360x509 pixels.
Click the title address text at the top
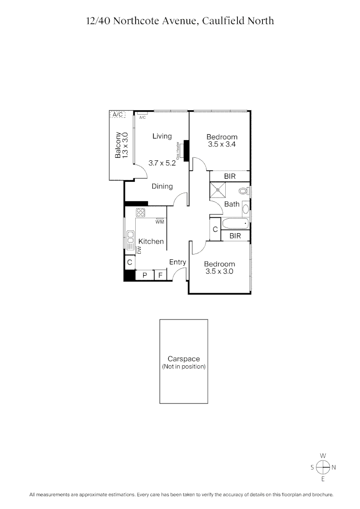pos(180,21)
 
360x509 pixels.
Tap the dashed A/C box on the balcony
pos(117,115)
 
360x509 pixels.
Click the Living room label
pos(162,136)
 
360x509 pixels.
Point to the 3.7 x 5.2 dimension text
pos(162,163)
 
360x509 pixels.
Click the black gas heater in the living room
pos(186,150)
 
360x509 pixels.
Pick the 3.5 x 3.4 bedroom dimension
pos(221,145)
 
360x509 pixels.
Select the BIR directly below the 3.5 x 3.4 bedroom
pos(229,176)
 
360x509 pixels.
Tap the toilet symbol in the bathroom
pos(244,191)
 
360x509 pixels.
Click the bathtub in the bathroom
pos(234,224)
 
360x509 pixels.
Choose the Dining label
pos(162,187)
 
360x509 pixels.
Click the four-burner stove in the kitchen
pos(140,212)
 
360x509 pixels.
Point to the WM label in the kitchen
pos(159,222)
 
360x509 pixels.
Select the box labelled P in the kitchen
pos(145,275)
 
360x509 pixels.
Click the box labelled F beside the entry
pos(160,275)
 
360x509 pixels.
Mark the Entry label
pos(178,262)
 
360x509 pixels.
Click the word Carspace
pos(183,359)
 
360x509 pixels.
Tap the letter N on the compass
pos(334,468)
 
